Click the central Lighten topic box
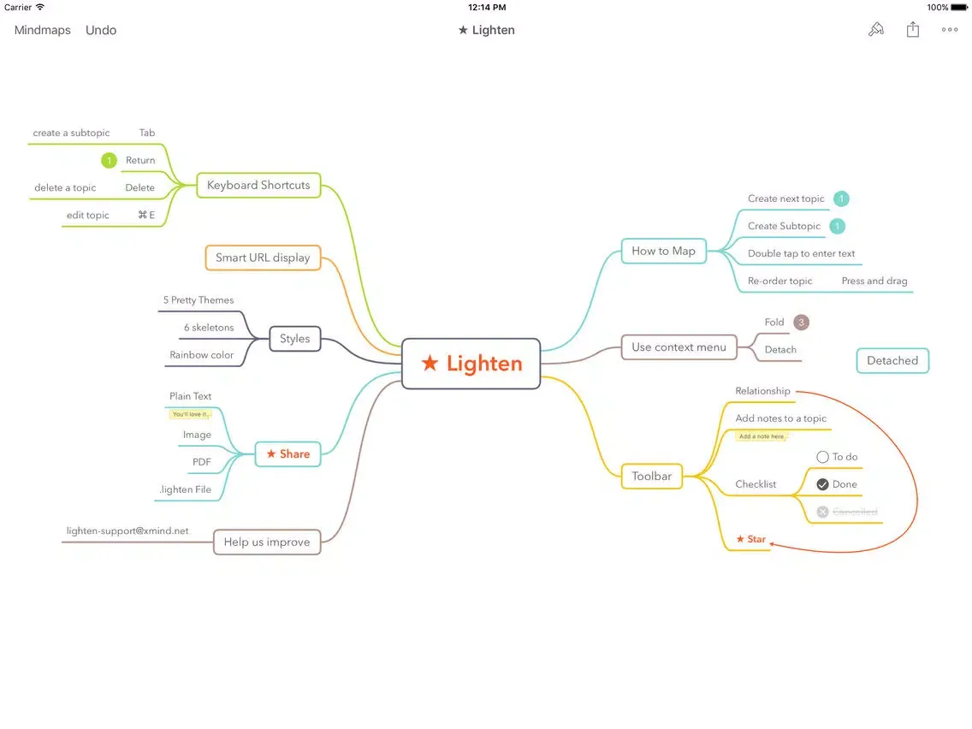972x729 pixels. tap(471, 364)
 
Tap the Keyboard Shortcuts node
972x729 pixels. tap(258, 185)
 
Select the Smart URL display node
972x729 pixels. tap(263, 258)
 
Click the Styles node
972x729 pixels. tap(295, 339)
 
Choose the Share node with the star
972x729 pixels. tap(287, 454)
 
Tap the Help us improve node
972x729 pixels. tap(266, 542)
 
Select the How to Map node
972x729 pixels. tap(663, 251)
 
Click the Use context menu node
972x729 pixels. tap(679, 347)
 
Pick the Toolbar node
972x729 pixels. tap(651, 477)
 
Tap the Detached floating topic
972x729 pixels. tap(892, 360)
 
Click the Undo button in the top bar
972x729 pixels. tap(101, 30)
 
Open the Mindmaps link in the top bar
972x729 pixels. tap(43, 30)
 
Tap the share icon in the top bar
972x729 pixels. tap(913, 30)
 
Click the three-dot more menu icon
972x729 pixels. tap(950, 30)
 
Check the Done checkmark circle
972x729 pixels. tap(822, 484)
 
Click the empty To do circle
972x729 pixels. tap(822, 457)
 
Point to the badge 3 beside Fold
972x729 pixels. tap(801, 323)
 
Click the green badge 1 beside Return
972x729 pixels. tap(109, 160)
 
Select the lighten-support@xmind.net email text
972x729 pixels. tap(127, 530)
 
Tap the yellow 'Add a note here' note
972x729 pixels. tap(761, 436)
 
